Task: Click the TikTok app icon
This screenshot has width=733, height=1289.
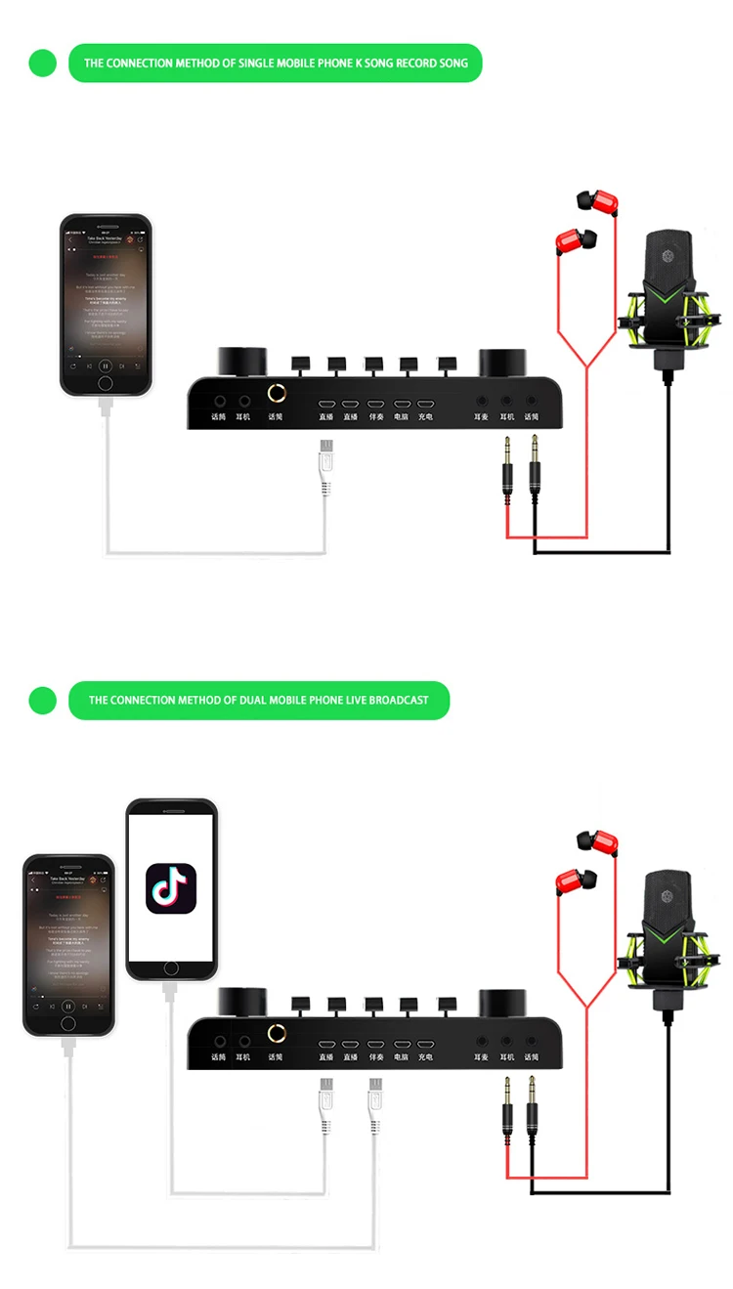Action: [x=171, y=888]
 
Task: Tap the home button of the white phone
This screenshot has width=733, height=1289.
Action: [x=171, y=967]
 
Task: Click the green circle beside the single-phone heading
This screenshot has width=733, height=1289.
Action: [x=43, y=63]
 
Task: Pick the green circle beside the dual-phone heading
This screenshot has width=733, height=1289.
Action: [x=43, y=700]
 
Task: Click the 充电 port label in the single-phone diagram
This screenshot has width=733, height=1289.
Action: [x=425, y=416]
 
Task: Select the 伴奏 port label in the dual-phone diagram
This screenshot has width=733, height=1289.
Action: [x=375, y=1056]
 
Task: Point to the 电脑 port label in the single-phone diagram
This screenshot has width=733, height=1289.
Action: [x=401, y=416]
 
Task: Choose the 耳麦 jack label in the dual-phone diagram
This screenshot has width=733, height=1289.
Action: [x=481, y=1056]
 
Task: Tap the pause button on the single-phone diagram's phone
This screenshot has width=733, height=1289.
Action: [x=106, y=365]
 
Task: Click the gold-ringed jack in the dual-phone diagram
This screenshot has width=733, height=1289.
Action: [x=277, y=1033]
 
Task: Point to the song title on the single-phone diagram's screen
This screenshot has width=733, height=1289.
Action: [x=106, y=237]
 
